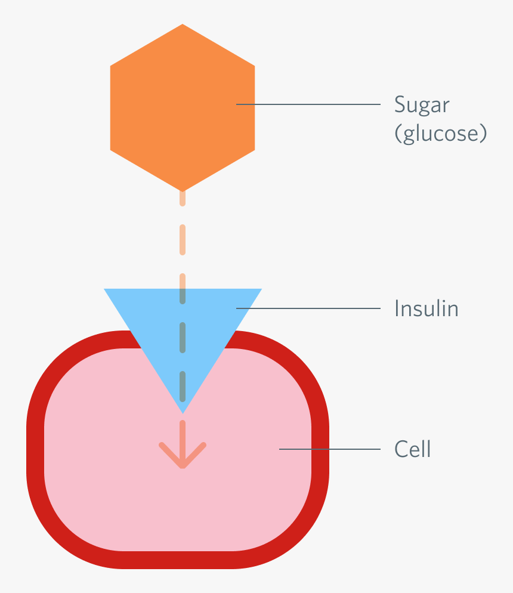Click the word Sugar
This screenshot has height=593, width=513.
click(x=421, y=105)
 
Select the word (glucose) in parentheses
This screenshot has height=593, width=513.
click(x=440, y=134)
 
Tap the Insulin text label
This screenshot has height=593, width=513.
click(x=426, y=308)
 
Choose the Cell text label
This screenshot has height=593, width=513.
click(x=412, y=449)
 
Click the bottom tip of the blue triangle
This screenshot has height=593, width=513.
click(x=183, y=411)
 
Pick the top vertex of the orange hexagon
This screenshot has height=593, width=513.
click(x=183, y=26)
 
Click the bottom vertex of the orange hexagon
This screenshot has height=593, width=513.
click(x=183, y=190)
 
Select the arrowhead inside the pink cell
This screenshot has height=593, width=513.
click(x=183, y=457)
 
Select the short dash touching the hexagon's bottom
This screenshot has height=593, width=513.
click(x=183, y=198)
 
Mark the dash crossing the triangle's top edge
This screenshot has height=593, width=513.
click(x=183, y=288)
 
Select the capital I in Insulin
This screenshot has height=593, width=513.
click(x=397, y=308)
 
